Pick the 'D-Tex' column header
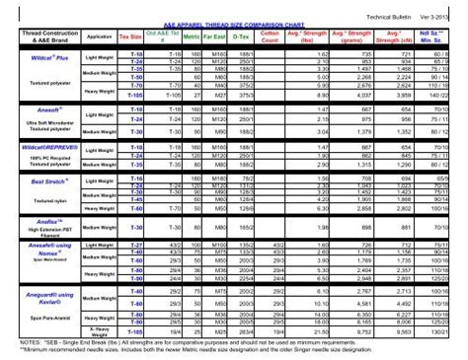pyautogui.click(x=241, y=36)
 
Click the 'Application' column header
pyautogui.click(x=99, y=36)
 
